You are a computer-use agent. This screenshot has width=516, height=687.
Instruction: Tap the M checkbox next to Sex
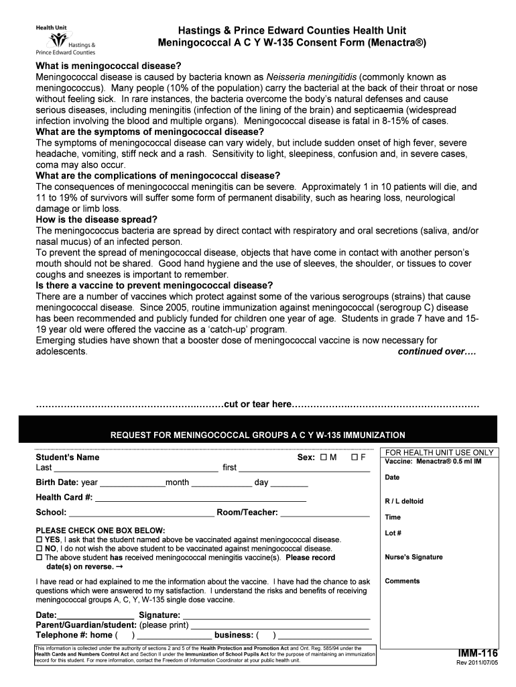pyautogui.click(x=324, y=458)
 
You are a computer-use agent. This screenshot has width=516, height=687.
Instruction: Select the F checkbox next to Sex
pyautogui.click(x=354, y=458)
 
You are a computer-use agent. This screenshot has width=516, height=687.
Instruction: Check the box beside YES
pyautogui.click(x=39, y=540)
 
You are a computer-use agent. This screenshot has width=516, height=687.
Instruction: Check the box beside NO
pyautogui.click(x=39, y=549)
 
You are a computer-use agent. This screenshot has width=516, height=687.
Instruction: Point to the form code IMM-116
pyautogui.click(x=478, y=653)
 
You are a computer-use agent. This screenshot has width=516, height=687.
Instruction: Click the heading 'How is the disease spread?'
pyautogui.click(x=96, y=220)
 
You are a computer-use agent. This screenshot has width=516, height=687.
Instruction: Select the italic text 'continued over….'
pyautogui.click(x=437, y=352)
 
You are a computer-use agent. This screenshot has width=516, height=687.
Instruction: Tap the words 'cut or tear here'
pyautogui.click(x=258, y=405)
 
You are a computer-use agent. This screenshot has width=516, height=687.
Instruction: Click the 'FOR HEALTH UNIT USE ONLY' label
pyautogui.click(x=440, y=453)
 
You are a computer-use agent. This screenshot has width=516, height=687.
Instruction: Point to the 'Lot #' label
pyautogui.click(x=393, y=533)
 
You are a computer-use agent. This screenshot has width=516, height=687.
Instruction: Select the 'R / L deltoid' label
pyautogui.click(x=404, y=501)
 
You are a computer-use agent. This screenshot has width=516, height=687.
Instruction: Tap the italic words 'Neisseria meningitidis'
pyautogui.click(x=312, y=77)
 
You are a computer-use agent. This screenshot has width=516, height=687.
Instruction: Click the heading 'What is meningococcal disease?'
pyautogui.click(x=108, y=66)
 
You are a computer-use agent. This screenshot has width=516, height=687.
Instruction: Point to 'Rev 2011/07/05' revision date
pyautogui.click(x=477, y=664)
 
